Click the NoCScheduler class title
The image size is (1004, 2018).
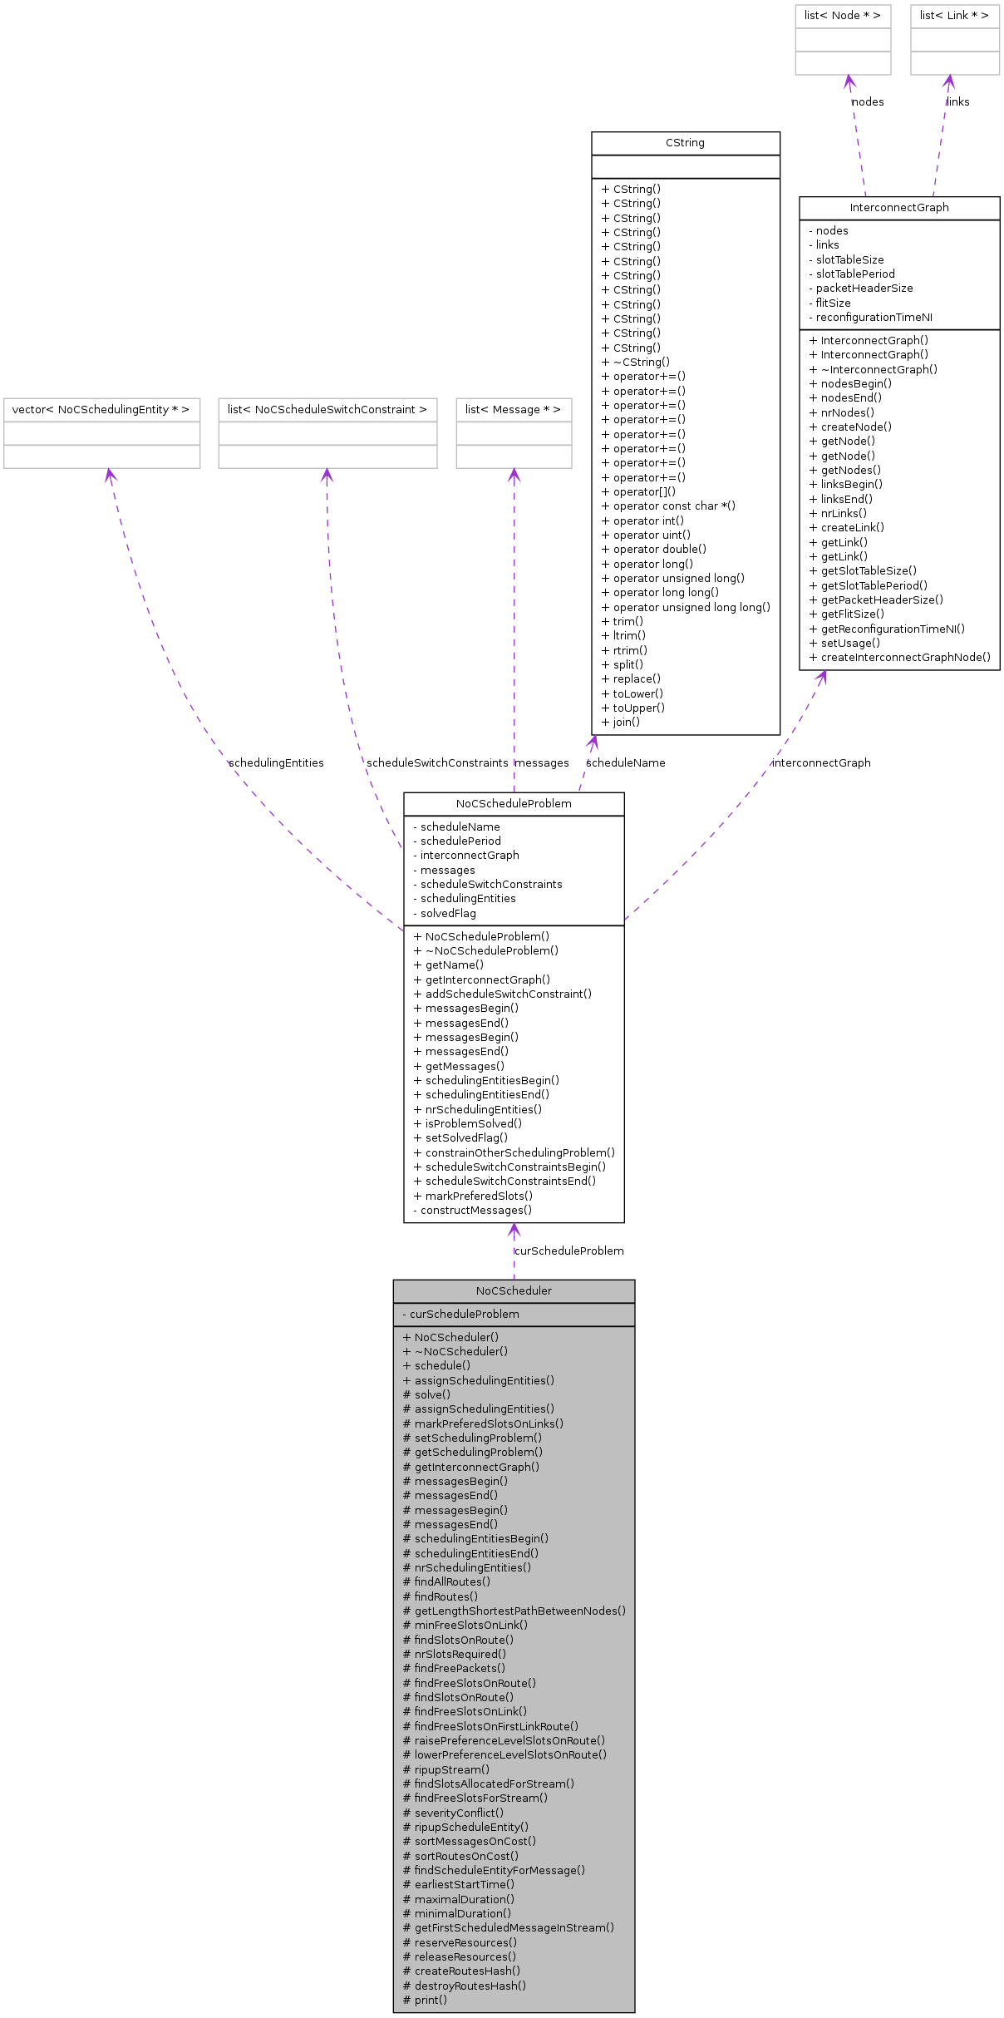514,1290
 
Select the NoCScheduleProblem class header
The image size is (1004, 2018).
514,803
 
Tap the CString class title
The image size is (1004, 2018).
685,143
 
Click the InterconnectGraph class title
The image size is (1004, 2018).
898,208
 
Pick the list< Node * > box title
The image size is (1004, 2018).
842,16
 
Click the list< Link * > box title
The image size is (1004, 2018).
954,16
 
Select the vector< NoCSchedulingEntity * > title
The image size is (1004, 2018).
101,410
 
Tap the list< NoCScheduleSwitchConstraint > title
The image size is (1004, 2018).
327,410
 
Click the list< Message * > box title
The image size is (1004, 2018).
513,410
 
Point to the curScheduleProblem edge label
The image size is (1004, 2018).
568,1251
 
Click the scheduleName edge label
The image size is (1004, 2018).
625,762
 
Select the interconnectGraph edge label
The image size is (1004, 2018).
820,762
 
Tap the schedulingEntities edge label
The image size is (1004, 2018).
276,762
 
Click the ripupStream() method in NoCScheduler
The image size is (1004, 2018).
451,1769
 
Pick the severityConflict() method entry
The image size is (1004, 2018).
459,1813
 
